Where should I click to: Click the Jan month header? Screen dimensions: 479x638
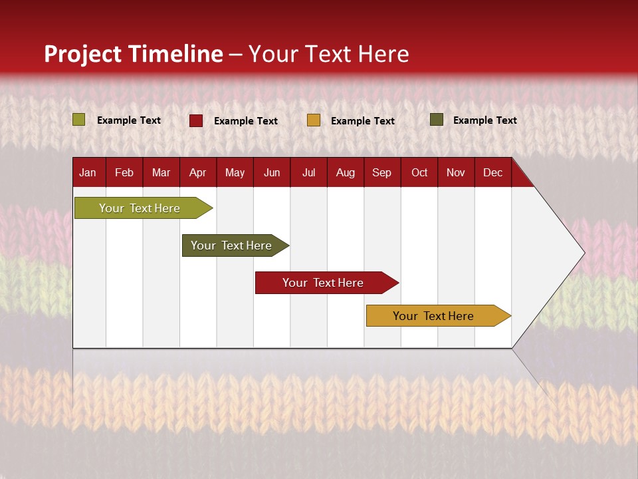tap(88, 173)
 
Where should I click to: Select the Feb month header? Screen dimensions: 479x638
tap(124, 173)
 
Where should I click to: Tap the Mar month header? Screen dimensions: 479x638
tap(161, 173)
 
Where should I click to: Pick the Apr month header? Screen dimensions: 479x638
tap(197, 173)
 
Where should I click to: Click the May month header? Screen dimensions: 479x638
tap(235, 173)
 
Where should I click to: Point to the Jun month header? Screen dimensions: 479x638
tap(272, 173)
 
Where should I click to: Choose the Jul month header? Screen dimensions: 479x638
tap(308, 173)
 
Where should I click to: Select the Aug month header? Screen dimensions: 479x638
tap(345, 173)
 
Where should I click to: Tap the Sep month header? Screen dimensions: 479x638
tap(381, 173)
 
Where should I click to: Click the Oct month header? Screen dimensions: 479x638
tap(419, 173)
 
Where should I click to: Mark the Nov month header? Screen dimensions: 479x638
tap(456, 173)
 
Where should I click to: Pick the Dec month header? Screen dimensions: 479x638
tap(492, 173)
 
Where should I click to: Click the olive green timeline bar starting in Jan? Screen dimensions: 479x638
tap(140, 208)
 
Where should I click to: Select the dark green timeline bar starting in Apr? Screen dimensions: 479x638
tap(231, 245)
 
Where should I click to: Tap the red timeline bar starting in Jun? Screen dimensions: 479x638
tap(323, 283)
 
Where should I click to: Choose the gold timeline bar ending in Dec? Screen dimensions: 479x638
tap(433, 316)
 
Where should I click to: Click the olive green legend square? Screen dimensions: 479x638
tap(79, 120)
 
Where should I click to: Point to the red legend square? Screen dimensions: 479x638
tap(196, 120)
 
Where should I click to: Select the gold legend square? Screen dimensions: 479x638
tap(314, 120)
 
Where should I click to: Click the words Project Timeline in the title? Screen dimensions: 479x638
tap(134, 54)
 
